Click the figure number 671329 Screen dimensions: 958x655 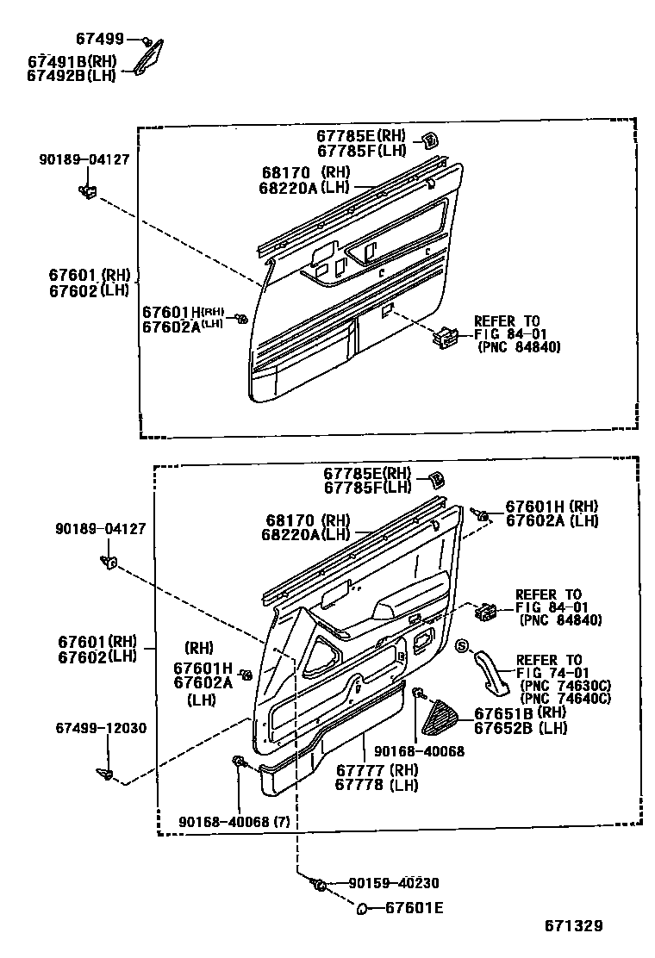(572, 926)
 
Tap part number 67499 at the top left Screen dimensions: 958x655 (99, 40)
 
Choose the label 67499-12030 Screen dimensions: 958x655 (102, 728)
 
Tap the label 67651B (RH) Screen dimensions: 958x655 (515, 712)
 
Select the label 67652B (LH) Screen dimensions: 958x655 (515, 728)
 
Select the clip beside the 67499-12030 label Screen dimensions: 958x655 (105, 772)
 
